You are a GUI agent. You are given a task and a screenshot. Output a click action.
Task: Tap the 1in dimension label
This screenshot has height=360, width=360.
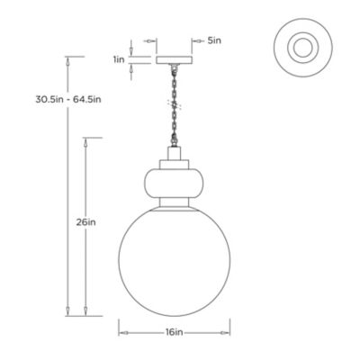[117, 59]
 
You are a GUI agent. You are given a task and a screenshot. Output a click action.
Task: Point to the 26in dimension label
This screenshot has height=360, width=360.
[85, 224]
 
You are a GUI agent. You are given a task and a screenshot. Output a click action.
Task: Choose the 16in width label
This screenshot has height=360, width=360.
[175, 332]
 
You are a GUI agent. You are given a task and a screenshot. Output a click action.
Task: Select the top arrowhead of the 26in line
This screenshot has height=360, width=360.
[85, 142]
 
